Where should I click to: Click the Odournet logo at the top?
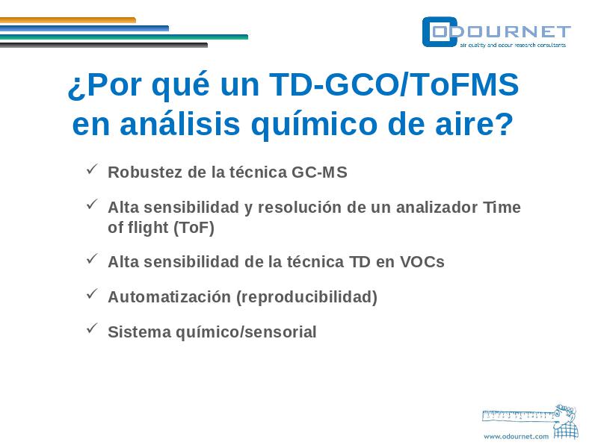pyautogui.click(x=496, y=32)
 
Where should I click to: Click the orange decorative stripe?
pyautogui.click(x=68, y=20)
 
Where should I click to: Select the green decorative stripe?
pyautogui.click(x=124, y=37)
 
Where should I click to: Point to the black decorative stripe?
pyautogui.click(x=104, y=45)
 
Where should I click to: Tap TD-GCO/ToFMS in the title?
pyautogui.click(x=394, y=84)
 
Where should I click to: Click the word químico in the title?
pyautogui.click(x=314, y=125)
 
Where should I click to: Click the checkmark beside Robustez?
pyautogui.click(x=92, y=169)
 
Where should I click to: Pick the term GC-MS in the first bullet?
pyautogui.click(x=319, y=172)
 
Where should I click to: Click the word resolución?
pyautogui.click(x=300, y=208)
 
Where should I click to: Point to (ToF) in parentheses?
pyautogui.click(x=194, y=228)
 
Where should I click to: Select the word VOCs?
pyautogui.click(x=422, y=262)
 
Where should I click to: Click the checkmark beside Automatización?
pyautogui.click(x=92, y=293)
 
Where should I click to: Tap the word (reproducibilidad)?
pyautogui.click(x=307, y=297)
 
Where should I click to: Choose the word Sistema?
pyautogui.click(x=139, y=332)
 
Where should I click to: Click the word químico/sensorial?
pyautogui.click(x=246, y=332)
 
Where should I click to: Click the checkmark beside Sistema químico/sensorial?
pyautogui.click(x=92, y=329)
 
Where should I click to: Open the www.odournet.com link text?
pyautogui.click(x=516, y=437)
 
